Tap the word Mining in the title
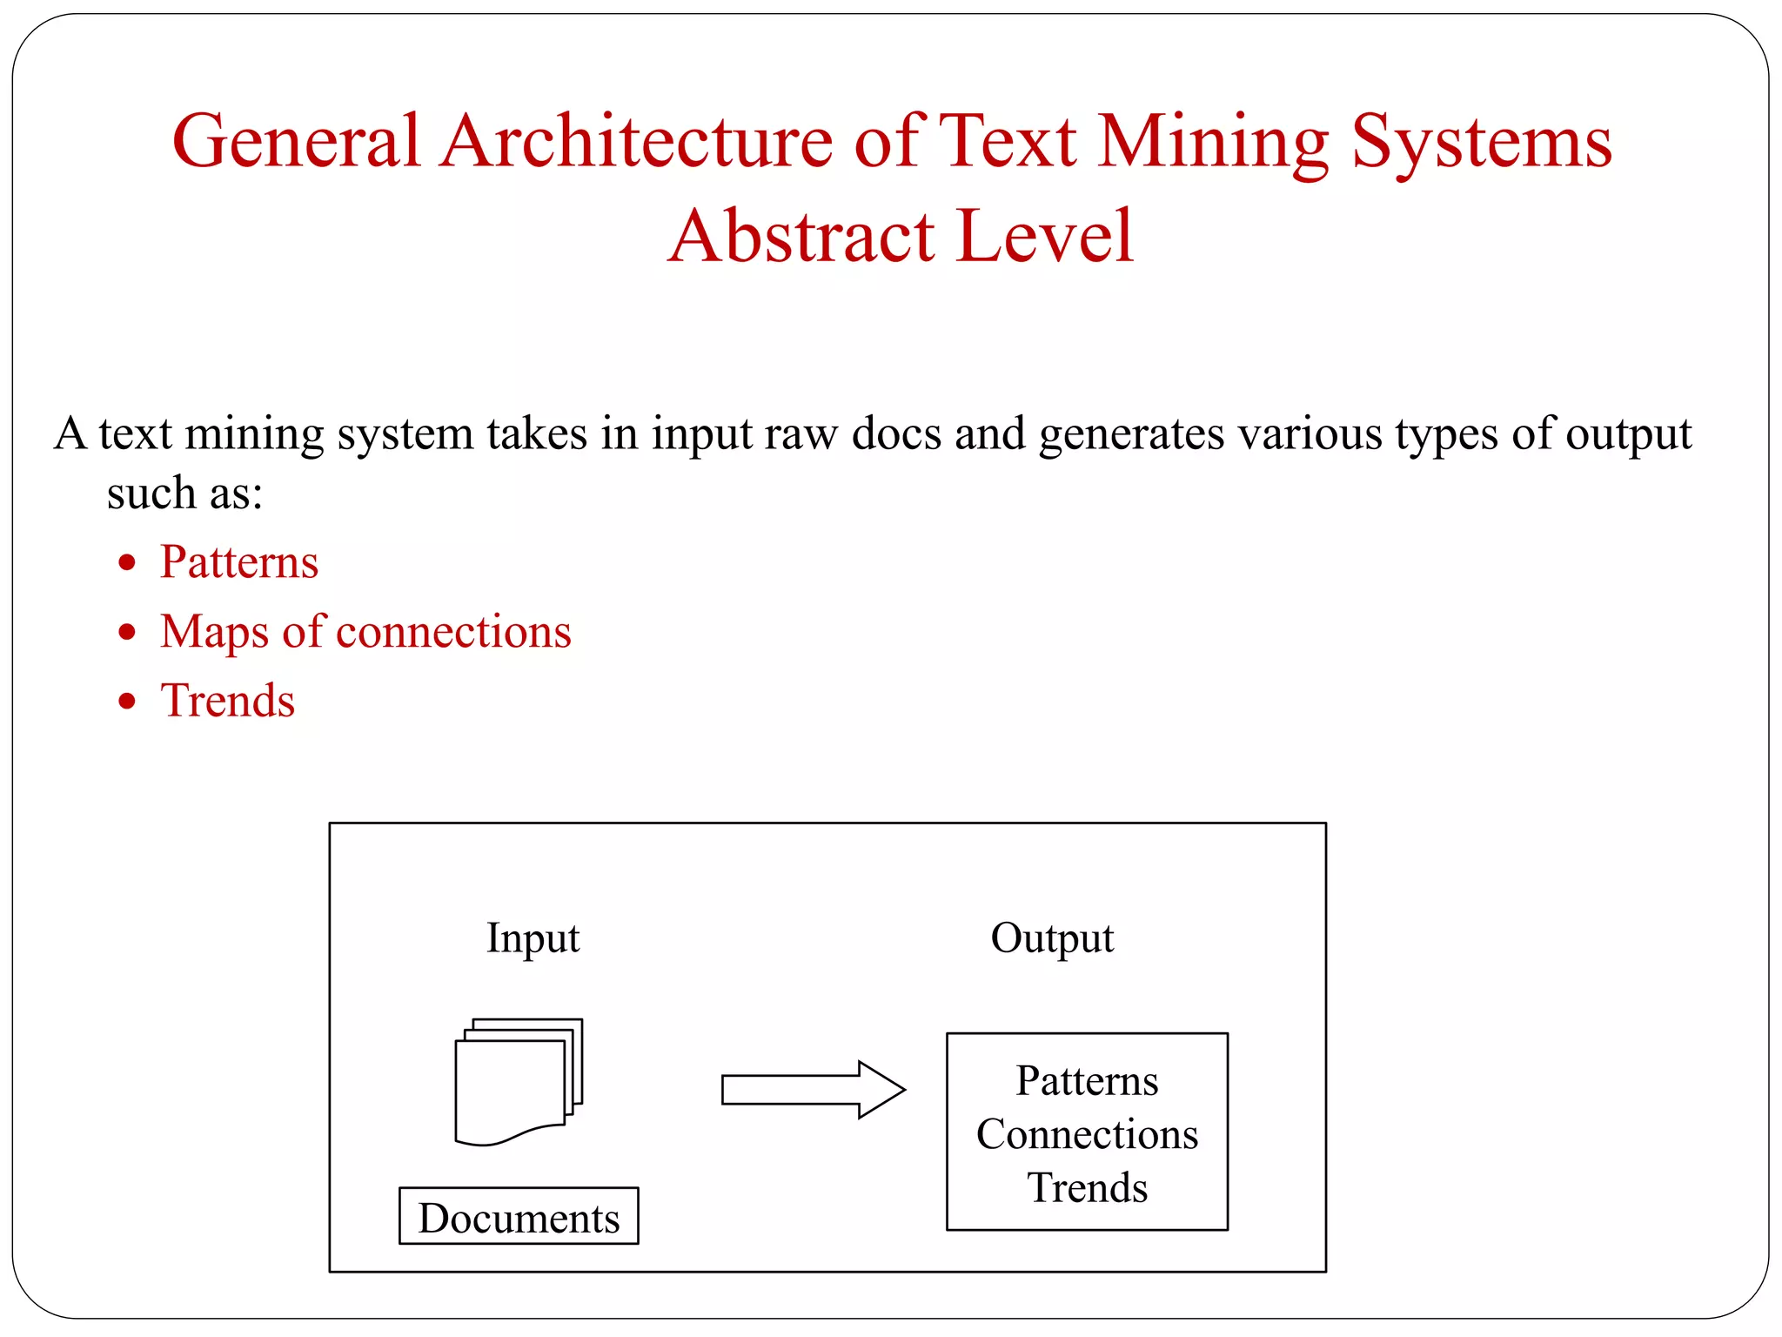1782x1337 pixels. pyautogui.click(x=1213, y=144)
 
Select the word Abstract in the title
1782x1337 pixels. pyautogui.click(x=801, y=237)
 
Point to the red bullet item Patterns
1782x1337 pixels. pyautogui.click(x=239, y=562)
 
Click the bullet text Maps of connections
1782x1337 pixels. pyautogui.click(x=365, y=632)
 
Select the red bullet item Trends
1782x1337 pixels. pyautogui.click(x=228, y=701)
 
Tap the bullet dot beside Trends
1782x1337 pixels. pyautogui.click(x=128, y=701)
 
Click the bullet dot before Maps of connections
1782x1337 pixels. pyautogui.click(x=128, y=632)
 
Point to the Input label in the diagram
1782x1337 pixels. pyautogui.click(x=533, y=938)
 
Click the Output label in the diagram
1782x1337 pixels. pyautogui.click(x=1052, y=938)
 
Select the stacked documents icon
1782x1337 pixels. pyautogui.click(x=519, y=1082)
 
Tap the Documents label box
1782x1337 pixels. pyautogui.click(x=519, y=1217)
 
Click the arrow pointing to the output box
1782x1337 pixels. pyautogui.click(x=813, y=1089)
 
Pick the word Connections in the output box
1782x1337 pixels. pyautogui.click(x=1087, y=1135)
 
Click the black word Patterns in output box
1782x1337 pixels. pyautogui.click(x=1087, y=1082)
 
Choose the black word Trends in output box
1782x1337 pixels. pyautogui.click(x=1087, y=1188)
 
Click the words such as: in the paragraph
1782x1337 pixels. pyautogui.click(x=184, y=494)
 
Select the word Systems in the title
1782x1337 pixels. pyautogui.click(x=1482, y=142)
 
